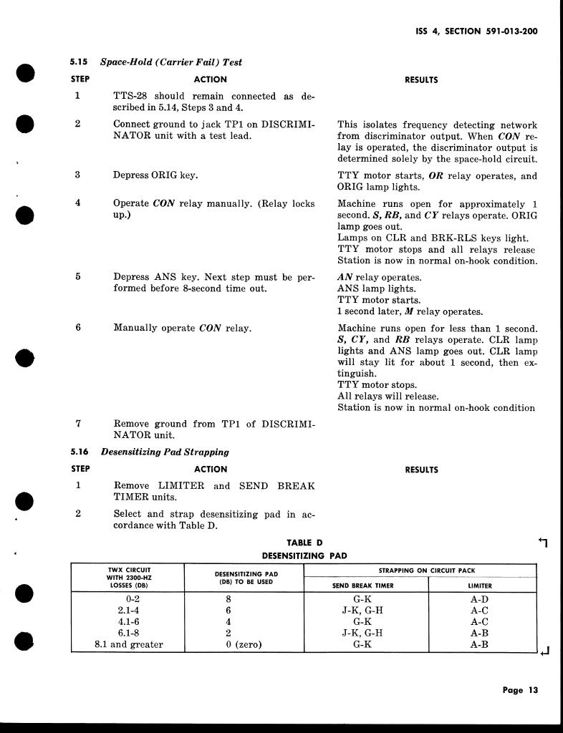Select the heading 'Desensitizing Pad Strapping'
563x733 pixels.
165,452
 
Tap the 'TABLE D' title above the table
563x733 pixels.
304,543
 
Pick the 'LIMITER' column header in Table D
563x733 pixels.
479,586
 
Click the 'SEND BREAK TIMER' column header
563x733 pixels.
365,586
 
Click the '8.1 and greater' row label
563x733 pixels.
129,644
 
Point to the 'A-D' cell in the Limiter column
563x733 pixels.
479,598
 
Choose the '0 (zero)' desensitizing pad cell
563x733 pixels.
244,644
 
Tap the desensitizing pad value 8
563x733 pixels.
228,598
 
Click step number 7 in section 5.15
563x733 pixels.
78,424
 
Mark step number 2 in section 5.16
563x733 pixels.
78,514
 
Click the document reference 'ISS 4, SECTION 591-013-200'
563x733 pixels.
476,31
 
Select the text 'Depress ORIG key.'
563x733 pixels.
155,175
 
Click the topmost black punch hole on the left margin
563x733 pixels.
25,74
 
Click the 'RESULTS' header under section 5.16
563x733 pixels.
421,470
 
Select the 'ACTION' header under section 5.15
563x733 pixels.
211,80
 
